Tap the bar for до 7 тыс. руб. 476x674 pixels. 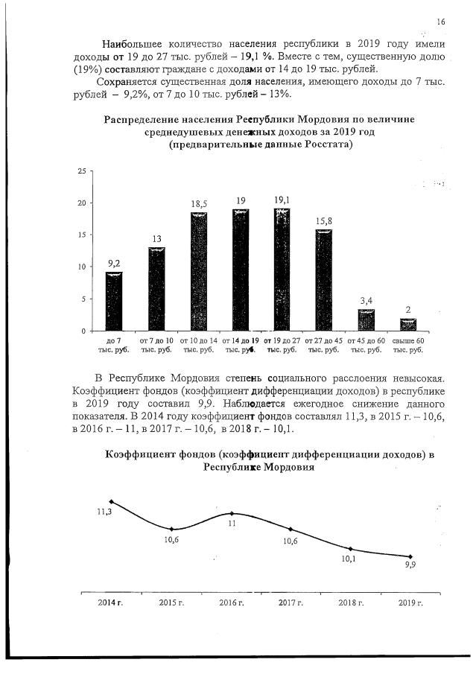coord(114,301)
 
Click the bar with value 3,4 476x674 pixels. coord(366,319)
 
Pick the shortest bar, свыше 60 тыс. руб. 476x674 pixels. coord(408,324)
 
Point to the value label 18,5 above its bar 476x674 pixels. coord(199,203)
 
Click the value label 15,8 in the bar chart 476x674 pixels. coord(324,221)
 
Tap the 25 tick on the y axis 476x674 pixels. coord(83,171)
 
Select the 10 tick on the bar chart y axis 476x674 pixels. coord(83,267)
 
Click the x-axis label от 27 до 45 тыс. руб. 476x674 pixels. coord(324,345)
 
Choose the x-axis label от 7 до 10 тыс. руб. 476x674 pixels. coord(156,345)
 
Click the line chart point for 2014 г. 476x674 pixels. coord(111,501)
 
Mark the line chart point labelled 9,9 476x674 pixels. coord(410,556)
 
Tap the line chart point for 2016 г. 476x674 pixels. coord(232,513)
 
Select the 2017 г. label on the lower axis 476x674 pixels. coord(290,602)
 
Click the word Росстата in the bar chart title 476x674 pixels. coord(325,145)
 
